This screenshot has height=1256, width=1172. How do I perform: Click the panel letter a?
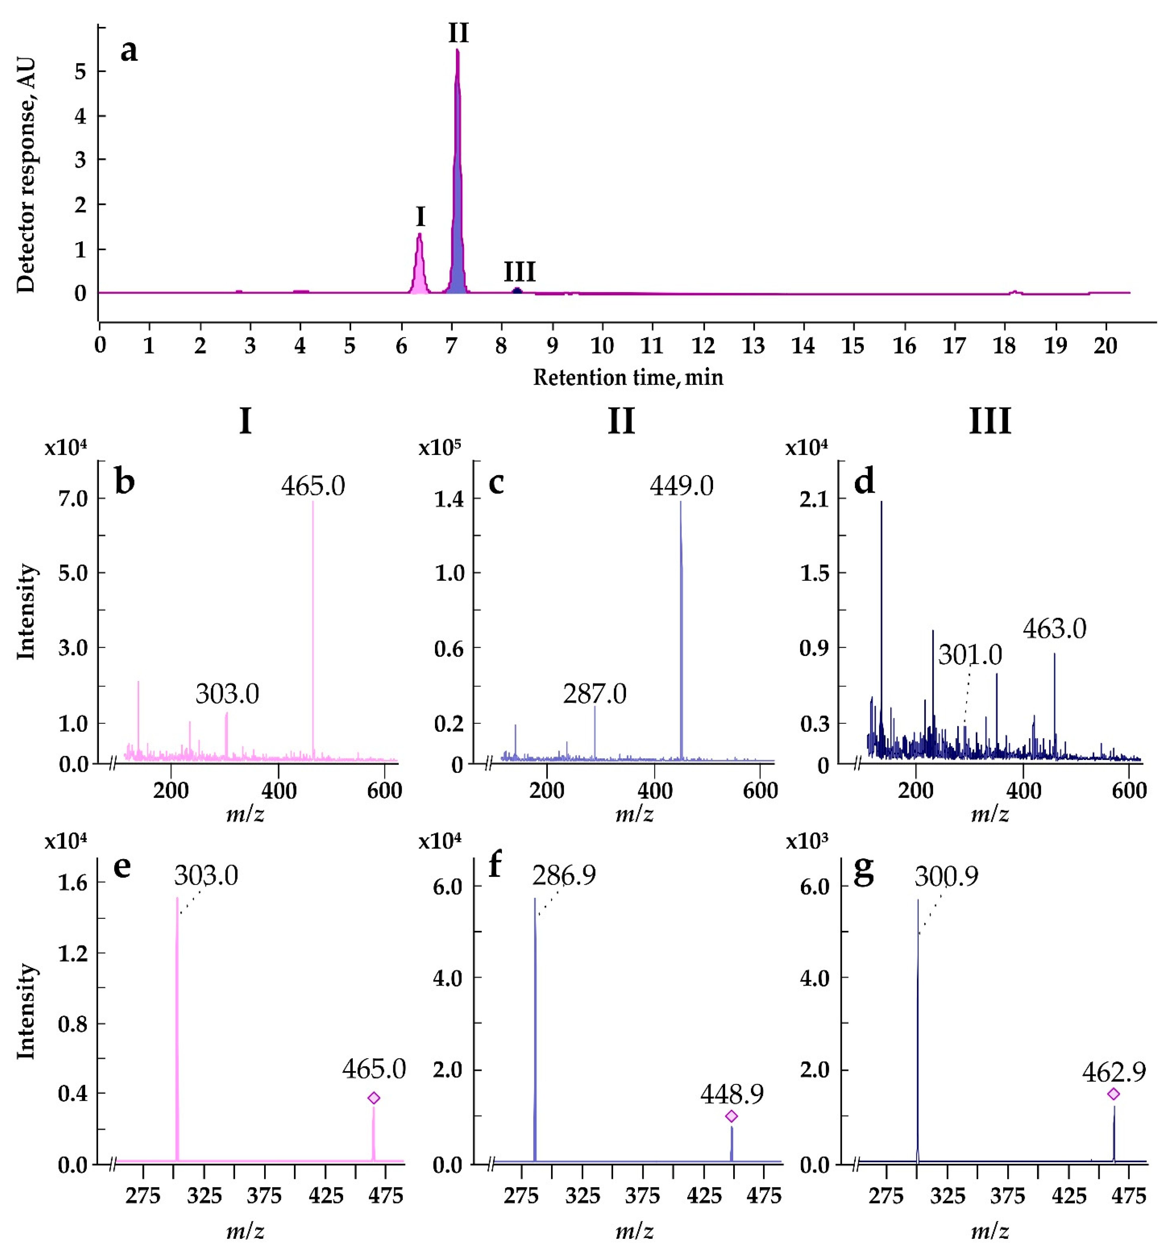[x=129, y=51]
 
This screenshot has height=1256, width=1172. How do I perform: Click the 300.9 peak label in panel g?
[x=946, y=876]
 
